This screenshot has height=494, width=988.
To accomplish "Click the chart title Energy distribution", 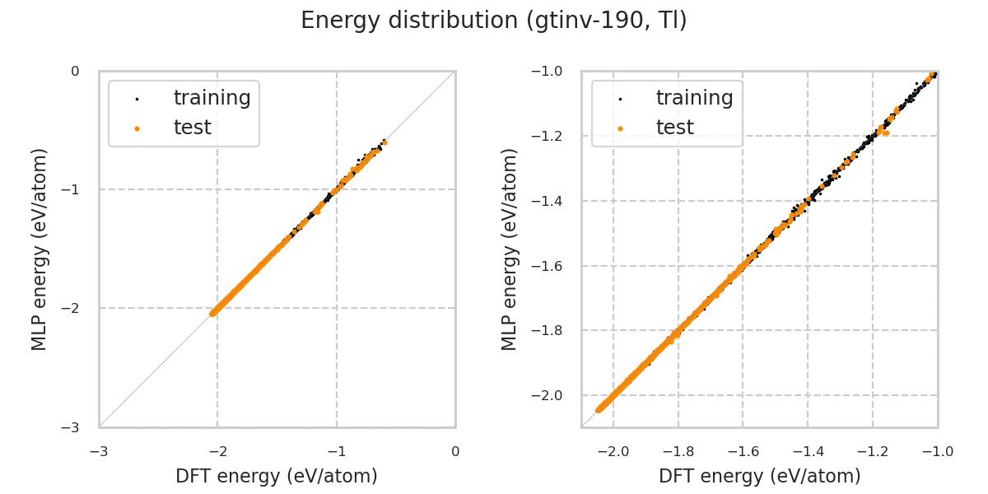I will [493, 21].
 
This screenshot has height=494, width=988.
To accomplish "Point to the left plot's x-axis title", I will [277, 476].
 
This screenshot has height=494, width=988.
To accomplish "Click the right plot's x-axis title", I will [759, 476].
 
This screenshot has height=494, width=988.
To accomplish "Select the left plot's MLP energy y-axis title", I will [40, 249].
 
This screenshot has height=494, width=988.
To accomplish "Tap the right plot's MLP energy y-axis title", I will [510, 249].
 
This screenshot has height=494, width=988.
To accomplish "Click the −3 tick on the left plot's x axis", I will [99, 451].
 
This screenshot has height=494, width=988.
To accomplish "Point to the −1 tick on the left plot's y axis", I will [74, 189].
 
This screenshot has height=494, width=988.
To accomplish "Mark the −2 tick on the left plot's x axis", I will [217, 451].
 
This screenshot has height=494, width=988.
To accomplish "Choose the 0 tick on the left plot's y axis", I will [75, 72].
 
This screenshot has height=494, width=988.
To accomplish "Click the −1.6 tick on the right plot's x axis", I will [741, 451].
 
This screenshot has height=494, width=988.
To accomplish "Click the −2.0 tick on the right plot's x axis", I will [612, 451].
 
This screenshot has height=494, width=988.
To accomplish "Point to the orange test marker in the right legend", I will [620, 128].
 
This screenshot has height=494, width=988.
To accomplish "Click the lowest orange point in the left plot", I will [213, 313].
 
